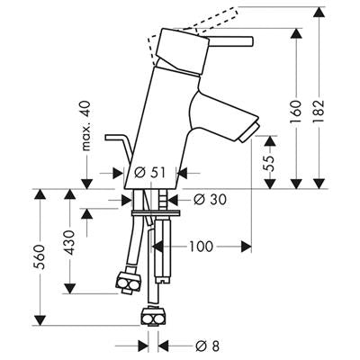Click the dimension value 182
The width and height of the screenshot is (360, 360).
click(x=318, y=112)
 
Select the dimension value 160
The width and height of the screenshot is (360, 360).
click(x=296, y=112)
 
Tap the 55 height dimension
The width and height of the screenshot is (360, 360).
click(x=270, y=163)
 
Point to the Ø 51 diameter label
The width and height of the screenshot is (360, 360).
click(x=150, y=173)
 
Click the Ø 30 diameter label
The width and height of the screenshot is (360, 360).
click(x=210, y=200)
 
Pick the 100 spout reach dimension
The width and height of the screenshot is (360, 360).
click(x=201, y=247)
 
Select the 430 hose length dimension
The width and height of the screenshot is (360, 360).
click(x=69, y=242)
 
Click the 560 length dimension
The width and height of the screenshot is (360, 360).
click(x=40, y=256)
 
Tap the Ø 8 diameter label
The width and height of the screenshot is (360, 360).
click(x=207, y=346)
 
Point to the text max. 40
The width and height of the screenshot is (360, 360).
click(x=86, y=126)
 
